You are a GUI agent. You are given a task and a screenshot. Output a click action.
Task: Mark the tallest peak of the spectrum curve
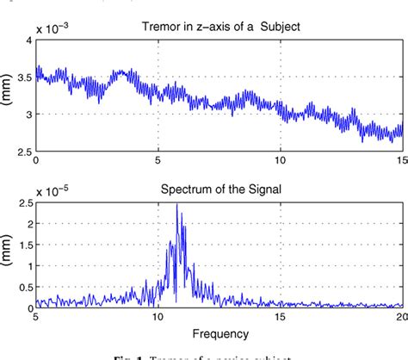[x=177, y=205]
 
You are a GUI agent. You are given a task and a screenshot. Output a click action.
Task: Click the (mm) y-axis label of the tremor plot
[x=7, y=95]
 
